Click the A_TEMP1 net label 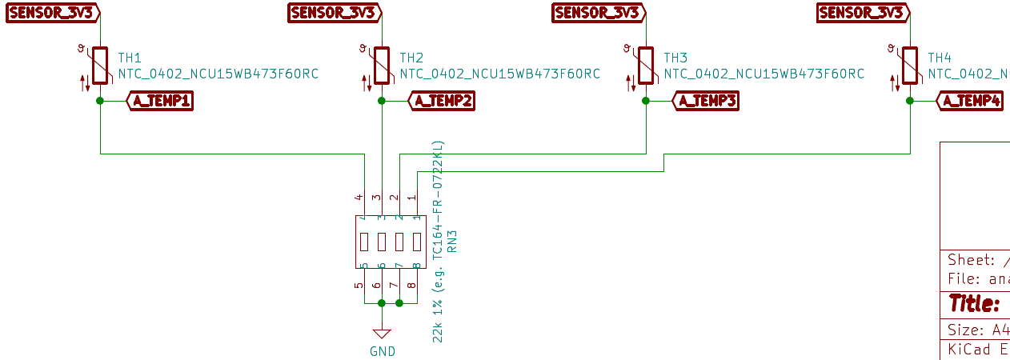tap(160, 101)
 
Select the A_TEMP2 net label tap(441, 101)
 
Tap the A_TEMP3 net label tap(705, 101)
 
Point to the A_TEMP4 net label tap(970, 101)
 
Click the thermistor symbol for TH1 tap(100, 66)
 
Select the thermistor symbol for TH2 tap(382, 66)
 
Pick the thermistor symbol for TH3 tap(646, 66)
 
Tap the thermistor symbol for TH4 tap(910, 66)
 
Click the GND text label tap(382, 351)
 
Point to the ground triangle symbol tap(382, 333)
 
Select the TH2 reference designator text tap(411, 58)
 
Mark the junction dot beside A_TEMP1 tap(100, 101)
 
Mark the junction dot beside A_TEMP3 tap(646, 101)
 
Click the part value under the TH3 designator tap(764, 74)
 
